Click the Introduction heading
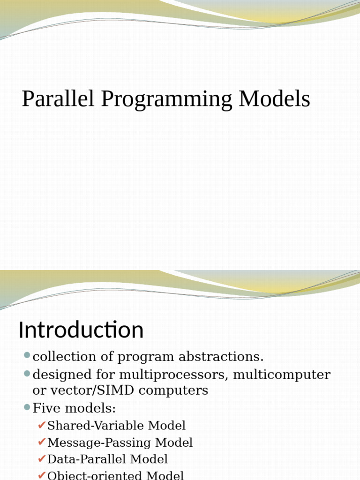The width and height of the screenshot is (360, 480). tap(81, 330)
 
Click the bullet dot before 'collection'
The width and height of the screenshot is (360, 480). tap(27, 356)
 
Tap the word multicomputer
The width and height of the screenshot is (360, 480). tap(282, 375)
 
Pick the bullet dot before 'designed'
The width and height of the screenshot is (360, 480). tap(27, 374)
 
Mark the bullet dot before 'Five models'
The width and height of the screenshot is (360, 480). tap(27, 407)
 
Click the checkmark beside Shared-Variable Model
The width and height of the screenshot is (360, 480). tap(42, 425)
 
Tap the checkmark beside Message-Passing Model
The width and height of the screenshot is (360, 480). tap(42, 442)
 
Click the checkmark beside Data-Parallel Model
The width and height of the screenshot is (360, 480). tap(42, 459)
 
